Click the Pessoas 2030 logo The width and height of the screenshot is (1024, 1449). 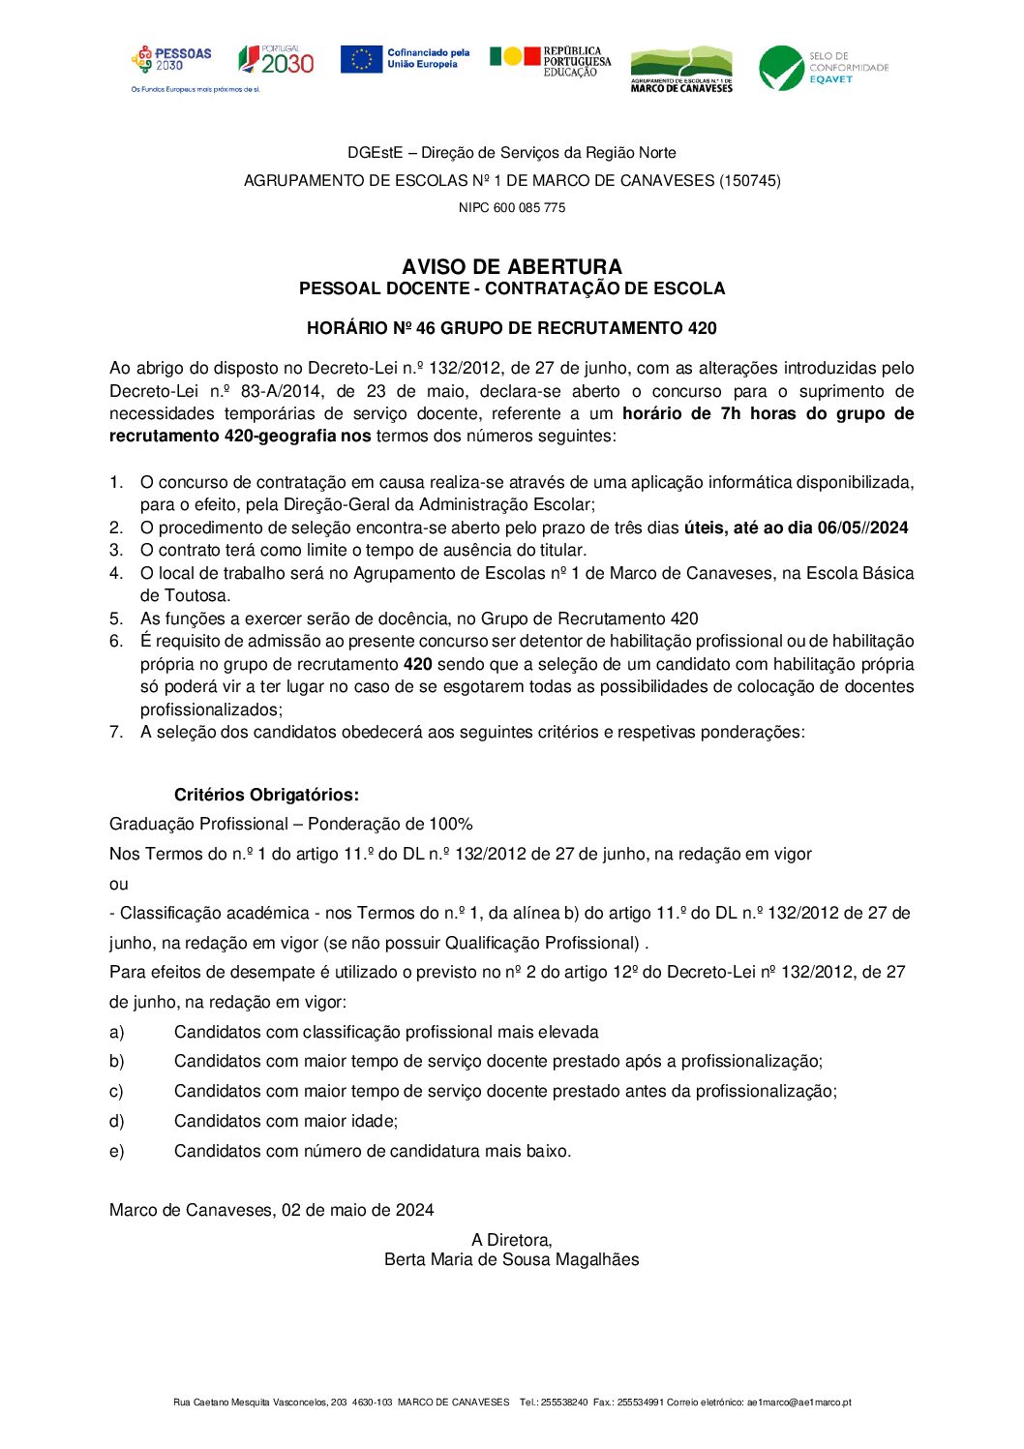(172, 60)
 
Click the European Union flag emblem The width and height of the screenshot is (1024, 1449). (361, 59)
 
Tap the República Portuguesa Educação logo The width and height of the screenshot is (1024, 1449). (550, 60)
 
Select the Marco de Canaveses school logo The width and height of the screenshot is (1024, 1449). (681, 69)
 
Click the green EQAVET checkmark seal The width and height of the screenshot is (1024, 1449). (781, 68)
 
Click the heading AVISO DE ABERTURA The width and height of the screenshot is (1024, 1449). (512, 267)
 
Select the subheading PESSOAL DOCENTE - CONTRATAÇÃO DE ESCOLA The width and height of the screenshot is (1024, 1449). (512, 288)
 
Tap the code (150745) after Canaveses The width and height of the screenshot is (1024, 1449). (749, 181)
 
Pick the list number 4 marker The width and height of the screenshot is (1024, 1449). (116, 573)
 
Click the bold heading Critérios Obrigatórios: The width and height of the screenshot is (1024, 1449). (266, 795)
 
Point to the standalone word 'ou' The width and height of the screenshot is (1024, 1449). (119, 884)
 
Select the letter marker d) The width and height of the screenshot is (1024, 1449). (117, 1121)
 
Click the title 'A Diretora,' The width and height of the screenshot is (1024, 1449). (512, 1240)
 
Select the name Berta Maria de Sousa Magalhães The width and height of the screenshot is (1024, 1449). (512, 1259)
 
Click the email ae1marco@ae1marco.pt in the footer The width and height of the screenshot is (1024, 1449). (798, 1402)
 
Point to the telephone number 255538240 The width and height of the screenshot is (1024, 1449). (563, 1402)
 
